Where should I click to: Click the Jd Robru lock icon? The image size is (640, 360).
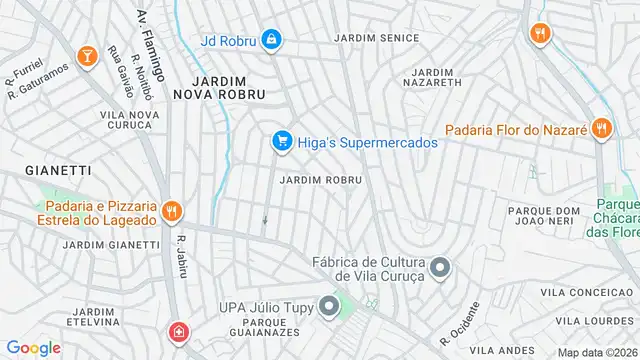(x=271, y=40)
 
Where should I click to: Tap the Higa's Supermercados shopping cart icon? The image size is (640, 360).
(x=283, y=143)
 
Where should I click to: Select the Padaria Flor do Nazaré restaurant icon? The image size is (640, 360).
(x=601, y=128)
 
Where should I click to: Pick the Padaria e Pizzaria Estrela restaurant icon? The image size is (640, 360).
(x=172, y=211)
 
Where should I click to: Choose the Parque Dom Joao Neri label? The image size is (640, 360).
(x=544, y=216)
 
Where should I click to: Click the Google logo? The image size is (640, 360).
(x=33, y=348)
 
